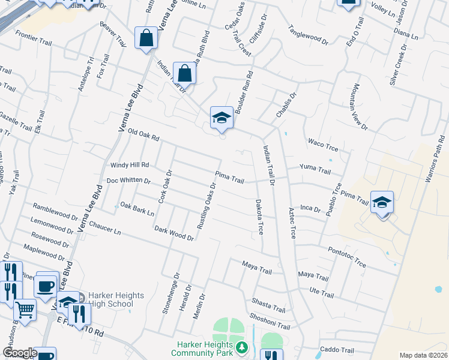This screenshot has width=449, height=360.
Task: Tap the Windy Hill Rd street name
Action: click(129, 164)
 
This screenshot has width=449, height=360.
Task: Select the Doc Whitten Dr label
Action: click(128, 180)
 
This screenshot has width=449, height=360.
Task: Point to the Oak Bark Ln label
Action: click(137, 208)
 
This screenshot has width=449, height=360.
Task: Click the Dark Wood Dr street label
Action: click(173, 233)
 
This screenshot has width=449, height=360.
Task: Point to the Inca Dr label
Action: click(310, 208)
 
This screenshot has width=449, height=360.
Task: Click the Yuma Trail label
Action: click(315, 170)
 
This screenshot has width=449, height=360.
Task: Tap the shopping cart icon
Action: click(25, 310)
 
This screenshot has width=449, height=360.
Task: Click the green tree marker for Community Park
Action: click(241, 347)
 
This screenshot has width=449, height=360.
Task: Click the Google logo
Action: click(19, 353)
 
